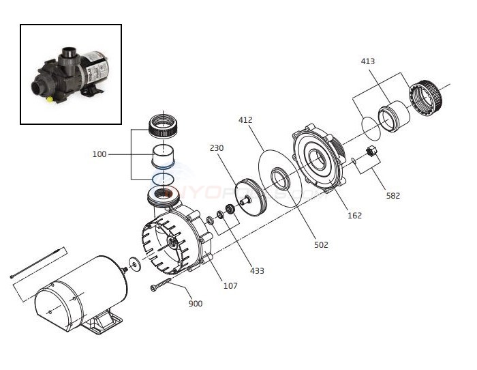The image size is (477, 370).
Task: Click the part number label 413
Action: [368, 61]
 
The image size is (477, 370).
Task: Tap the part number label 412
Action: [245, 120]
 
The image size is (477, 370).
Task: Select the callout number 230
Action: [217, 148]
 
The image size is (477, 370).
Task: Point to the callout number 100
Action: [99, 154]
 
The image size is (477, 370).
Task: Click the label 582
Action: [393, 196]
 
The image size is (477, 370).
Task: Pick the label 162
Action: [354, 216]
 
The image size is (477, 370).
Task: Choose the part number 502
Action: [321, 244]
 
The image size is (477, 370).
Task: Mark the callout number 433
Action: [258, 271]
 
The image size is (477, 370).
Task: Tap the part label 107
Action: [230, 285]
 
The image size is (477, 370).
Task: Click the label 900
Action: [195, 303]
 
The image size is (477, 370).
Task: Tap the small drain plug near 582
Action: [372, 151]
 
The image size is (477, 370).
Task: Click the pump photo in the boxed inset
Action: [71, 74]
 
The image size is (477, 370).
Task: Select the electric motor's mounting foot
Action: [106, 320]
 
